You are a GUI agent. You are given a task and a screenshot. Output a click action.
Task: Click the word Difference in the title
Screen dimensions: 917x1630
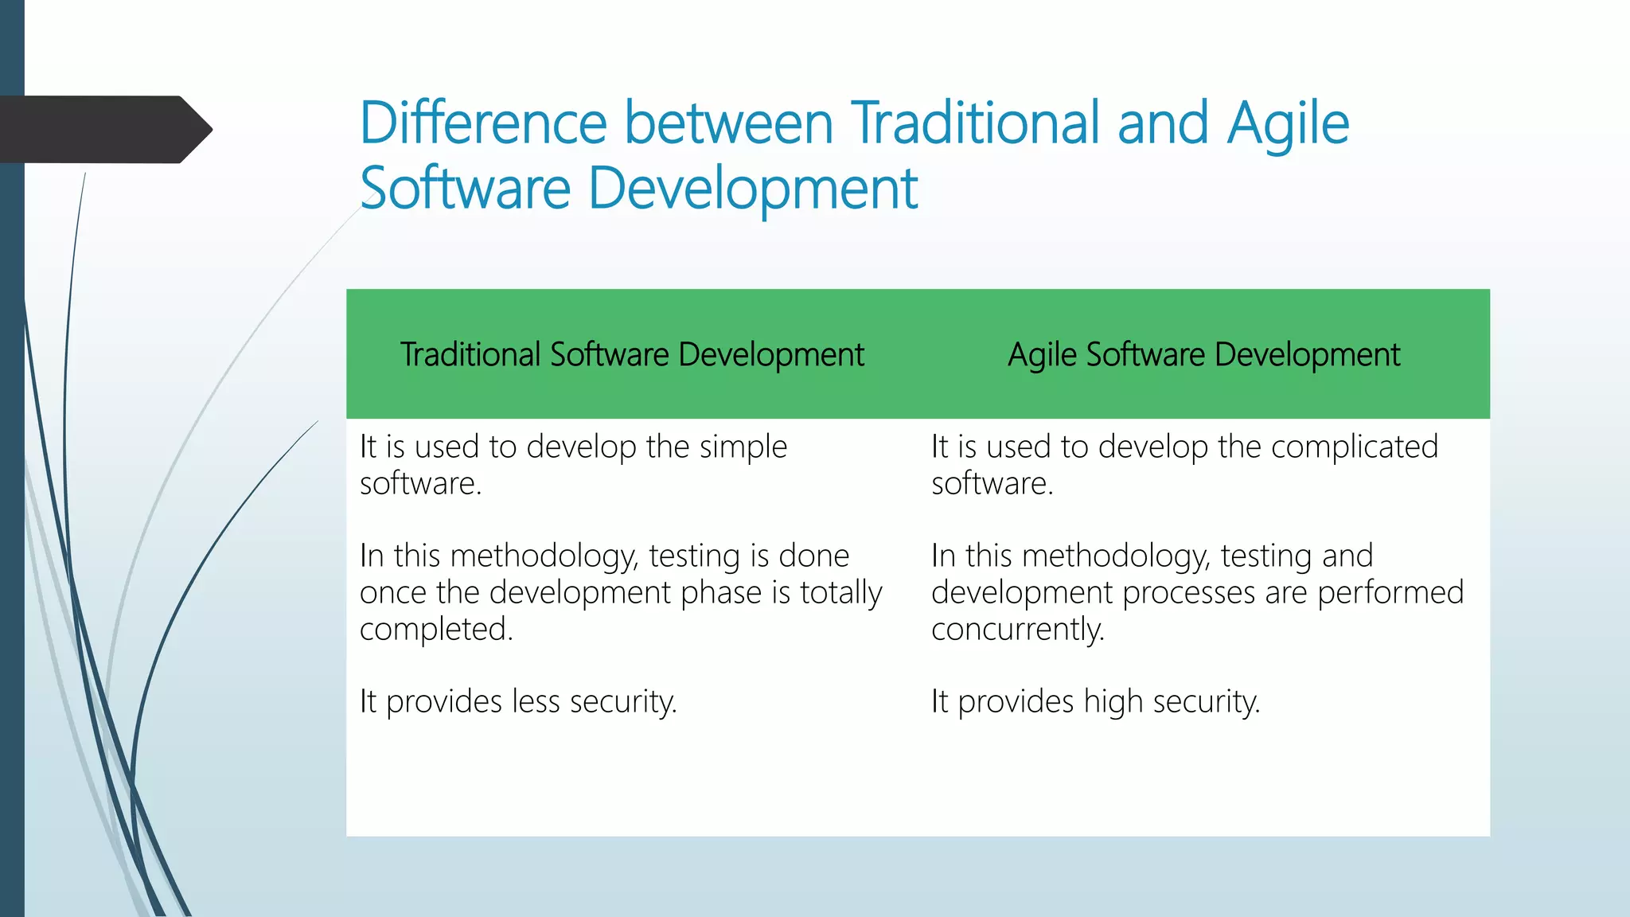(483, 123)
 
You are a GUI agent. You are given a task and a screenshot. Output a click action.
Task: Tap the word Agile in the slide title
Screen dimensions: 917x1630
(1287, 125)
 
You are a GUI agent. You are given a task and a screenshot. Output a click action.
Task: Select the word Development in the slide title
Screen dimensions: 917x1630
(752, 189)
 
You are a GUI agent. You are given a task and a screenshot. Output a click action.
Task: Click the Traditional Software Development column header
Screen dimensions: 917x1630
(632, 355)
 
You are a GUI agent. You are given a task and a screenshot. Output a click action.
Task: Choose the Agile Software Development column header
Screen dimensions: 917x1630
(1203, 355)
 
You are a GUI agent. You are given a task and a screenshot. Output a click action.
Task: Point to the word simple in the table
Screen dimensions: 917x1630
(743, 447)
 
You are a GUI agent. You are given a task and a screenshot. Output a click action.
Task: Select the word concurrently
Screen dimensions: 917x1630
(1017, 630)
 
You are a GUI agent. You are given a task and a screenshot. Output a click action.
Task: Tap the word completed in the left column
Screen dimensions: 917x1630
(435, 630)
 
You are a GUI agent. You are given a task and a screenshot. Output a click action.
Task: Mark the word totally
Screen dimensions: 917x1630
(840, 593)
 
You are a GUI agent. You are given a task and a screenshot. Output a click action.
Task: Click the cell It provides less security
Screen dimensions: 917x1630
(518, 702)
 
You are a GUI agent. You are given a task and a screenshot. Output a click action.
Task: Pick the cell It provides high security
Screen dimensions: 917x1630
(1095, 702)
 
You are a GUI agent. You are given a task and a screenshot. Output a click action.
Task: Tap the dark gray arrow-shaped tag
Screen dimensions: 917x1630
(103, 130)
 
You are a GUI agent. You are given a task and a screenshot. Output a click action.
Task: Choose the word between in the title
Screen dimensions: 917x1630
(728, 123)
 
